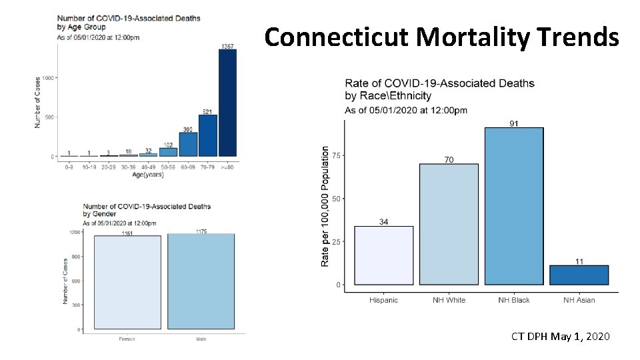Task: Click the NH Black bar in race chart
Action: click(513, 206)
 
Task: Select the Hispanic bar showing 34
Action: click(383, 255)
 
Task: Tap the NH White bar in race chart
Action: click(449, 224)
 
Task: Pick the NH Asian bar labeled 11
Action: click(579, 275)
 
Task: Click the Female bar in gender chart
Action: click(127, 282)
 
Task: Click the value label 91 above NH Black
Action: click(514, 123)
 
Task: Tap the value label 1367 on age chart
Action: click(227, 46)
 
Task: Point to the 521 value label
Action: click(207, 111)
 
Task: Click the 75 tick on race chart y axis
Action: click(336, 155)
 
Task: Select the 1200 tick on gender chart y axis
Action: click(75, 232)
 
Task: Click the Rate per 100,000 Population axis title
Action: click(325, 207)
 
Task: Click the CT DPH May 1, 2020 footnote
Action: click(560, 337)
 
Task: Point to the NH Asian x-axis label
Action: click(579, 300)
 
